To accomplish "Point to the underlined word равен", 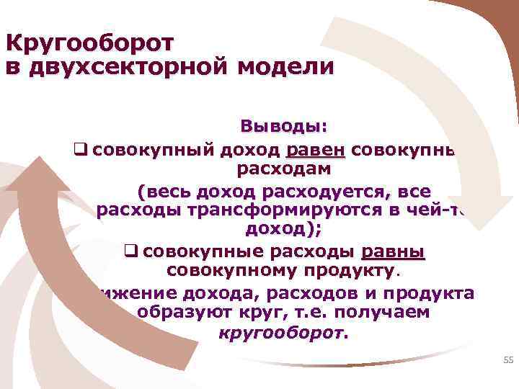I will [x=316, y=150].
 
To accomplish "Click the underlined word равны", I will [x=393, y=252].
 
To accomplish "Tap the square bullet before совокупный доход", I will [x=80, y=151].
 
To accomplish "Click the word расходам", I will [x=284, y=171].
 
